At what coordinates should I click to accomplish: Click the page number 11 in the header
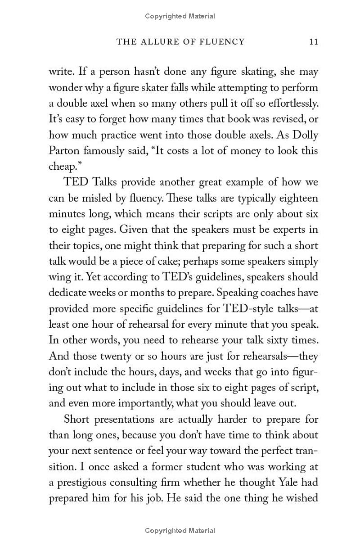click(x=314, y=42)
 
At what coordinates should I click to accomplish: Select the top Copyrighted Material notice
click(x=180, y=16)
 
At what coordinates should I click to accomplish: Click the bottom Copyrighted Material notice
click(x=180, y=531)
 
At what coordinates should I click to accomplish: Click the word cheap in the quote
click(x=61, y=167)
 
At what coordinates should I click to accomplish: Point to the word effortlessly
click(x=291, y=104)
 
